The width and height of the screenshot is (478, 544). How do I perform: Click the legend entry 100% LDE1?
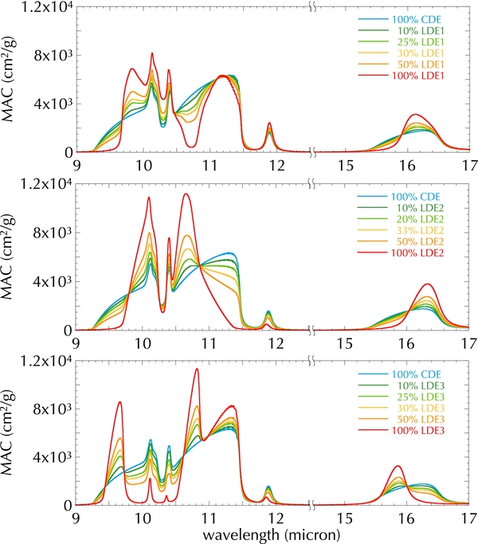coord(421,76)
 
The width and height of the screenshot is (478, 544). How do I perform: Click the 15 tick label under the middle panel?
coord(344,343)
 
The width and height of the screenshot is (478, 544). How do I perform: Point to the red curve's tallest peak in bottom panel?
coord(196,369)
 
